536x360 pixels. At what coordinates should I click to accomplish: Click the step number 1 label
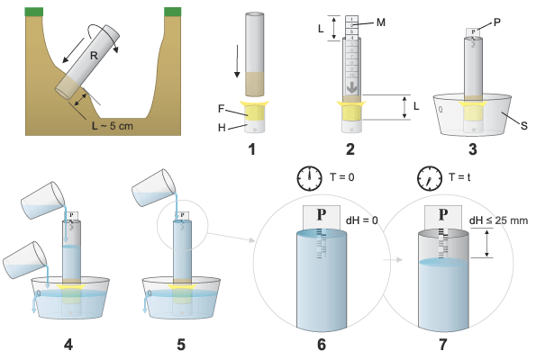tap(252, 149)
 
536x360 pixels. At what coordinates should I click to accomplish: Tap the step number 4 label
tap(68, 345)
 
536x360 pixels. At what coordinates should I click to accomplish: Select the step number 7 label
tap(443, 345)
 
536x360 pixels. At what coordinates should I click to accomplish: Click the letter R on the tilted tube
tap(94, 55)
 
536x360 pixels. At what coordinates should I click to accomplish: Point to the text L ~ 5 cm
tap(112, 126)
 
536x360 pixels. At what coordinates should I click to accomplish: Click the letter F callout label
tap(221, 109)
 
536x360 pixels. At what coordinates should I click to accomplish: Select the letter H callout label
tap(222, 128)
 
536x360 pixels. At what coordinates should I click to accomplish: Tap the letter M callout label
tap(381, 22)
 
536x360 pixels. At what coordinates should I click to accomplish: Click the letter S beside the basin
tap(524, 126)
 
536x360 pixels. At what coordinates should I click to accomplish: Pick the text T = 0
tap(341, 177)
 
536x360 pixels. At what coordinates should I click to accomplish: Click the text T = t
tap(459, 177)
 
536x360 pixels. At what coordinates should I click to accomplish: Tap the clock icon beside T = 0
tap(310, 178)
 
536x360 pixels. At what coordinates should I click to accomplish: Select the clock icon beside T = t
tap(430, 178)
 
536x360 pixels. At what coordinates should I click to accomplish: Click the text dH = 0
tap(362, 220)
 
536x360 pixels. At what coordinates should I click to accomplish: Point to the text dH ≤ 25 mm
tap(498, 220)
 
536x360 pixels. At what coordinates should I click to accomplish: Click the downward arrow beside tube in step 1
tap(237, 61)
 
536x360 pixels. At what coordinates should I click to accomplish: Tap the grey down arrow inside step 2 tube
tap(351, 87)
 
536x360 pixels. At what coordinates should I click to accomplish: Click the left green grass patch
tap(34, 12)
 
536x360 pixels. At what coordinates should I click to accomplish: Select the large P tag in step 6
tap(322, 217)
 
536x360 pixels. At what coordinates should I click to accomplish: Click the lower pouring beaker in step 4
tap(25, 260)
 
